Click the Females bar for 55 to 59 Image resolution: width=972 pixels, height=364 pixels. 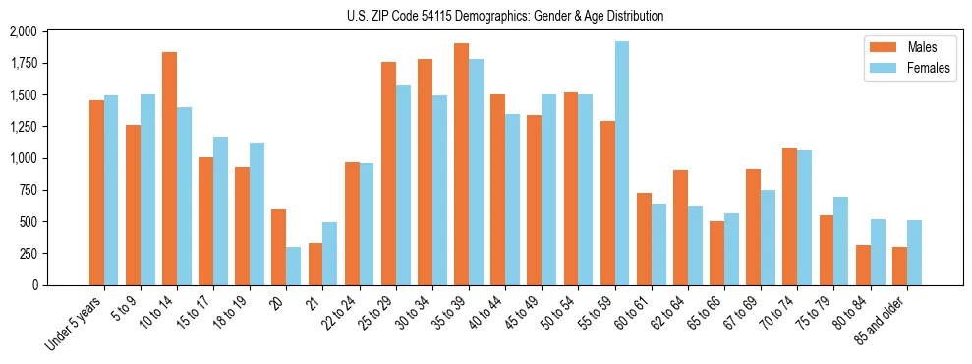[621, 163]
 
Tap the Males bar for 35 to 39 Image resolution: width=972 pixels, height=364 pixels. [461, 164]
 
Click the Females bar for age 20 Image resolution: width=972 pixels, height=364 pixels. [293, 266]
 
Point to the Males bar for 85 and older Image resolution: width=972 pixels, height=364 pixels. [899, 266]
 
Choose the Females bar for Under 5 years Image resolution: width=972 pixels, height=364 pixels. [111, 190]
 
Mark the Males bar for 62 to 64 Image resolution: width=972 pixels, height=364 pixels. [680, 227]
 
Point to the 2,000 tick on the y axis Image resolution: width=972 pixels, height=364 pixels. [23, 31]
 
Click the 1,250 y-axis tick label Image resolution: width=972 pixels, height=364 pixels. [23, 127]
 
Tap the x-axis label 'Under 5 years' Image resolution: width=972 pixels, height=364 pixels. [75, 324]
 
